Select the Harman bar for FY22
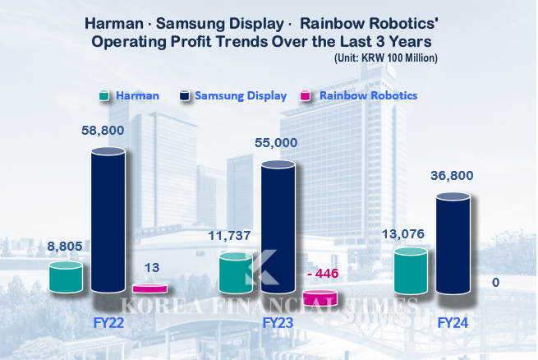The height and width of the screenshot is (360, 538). pos(66,277)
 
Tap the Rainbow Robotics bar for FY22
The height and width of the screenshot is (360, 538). pos(149,288)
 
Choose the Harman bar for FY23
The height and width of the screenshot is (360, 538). pos(236,273)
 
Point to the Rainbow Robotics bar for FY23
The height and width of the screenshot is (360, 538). pos(320,298)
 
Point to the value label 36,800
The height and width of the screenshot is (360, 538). pos(452,176)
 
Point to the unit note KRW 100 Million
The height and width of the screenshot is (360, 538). pos(386,58)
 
